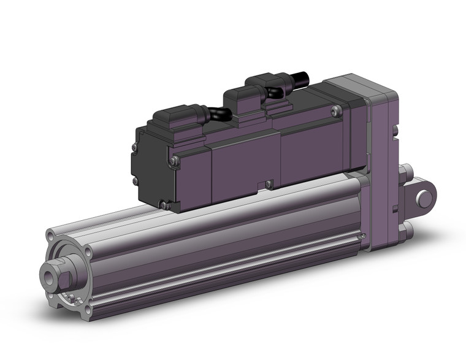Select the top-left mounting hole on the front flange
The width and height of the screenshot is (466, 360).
point(51,235)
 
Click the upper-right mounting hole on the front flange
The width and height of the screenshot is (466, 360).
point(88,252)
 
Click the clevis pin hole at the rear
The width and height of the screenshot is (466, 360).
point(422,198)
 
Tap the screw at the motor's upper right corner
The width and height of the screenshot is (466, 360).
point(334,111)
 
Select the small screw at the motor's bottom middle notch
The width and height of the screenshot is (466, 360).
point(267,183)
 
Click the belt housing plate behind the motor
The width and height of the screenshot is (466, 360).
point(383,166)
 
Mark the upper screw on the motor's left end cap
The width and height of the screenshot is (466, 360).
point(134,147)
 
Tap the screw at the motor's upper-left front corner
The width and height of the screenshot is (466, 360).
point(175,161)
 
